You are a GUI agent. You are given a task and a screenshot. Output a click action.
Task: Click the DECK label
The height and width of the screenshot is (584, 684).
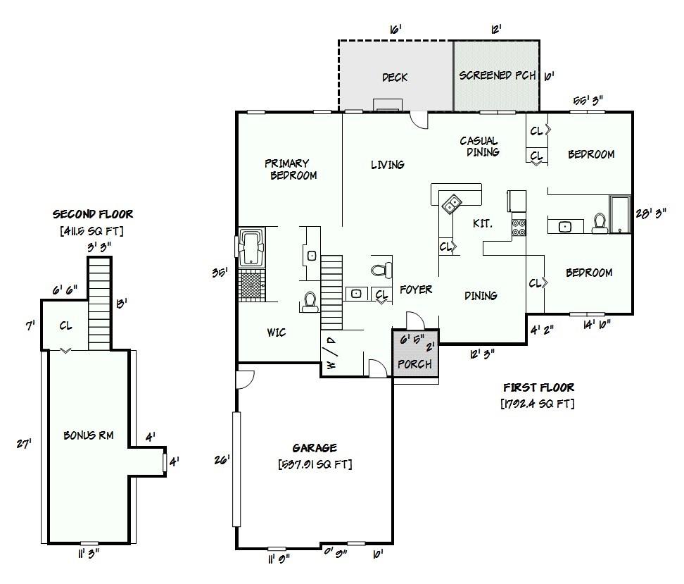tap(395, 77)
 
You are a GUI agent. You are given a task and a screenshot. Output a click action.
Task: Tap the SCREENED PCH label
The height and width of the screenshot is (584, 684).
tap(498, 75)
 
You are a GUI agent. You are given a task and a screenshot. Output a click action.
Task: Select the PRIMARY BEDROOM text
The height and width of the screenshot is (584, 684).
tap(291, 169)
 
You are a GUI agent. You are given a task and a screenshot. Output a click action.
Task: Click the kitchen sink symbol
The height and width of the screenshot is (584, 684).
tap(452, 204)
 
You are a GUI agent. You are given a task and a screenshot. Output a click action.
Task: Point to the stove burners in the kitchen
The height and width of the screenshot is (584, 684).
tap(519, 228)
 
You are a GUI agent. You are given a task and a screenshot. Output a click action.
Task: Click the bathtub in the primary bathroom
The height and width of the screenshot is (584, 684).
tap(251, 248)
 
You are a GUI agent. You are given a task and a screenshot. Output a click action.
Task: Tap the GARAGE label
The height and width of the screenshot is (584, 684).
tap(315, 448)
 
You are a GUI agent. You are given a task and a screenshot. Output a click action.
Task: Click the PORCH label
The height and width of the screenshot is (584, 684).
tap(415, 364)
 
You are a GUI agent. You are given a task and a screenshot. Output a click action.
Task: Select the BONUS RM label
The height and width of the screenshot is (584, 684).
tap(89, 435)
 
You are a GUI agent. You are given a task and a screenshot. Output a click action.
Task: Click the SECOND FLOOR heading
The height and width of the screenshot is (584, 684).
tap(93, 214)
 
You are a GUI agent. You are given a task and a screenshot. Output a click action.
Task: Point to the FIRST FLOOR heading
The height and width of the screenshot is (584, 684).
tap(539, 387)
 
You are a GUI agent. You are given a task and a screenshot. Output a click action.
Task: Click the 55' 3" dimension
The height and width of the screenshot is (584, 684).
tap(588, 101)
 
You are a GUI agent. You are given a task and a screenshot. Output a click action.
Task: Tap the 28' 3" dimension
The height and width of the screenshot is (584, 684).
tap(651, 213)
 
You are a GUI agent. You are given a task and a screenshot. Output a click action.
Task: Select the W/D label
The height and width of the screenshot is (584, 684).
tap(331, 354)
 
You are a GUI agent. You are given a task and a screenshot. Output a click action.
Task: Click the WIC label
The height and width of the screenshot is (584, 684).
tap(277, 333)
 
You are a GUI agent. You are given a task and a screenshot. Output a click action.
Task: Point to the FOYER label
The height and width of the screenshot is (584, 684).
tap(416, 289)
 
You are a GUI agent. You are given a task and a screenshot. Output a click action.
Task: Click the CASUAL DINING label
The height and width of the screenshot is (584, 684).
tap(479, 147)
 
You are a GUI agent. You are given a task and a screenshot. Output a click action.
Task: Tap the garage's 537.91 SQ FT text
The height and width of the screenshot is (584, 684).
tap(315, 464)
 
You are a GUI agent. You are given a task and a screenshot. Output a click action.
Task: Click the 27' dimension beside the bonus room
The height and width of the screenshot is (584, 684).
tap(24, 444)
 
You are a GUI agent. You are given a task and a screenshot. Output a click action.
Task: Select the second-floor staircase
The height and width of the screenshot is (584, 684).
tap(99, 304)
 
